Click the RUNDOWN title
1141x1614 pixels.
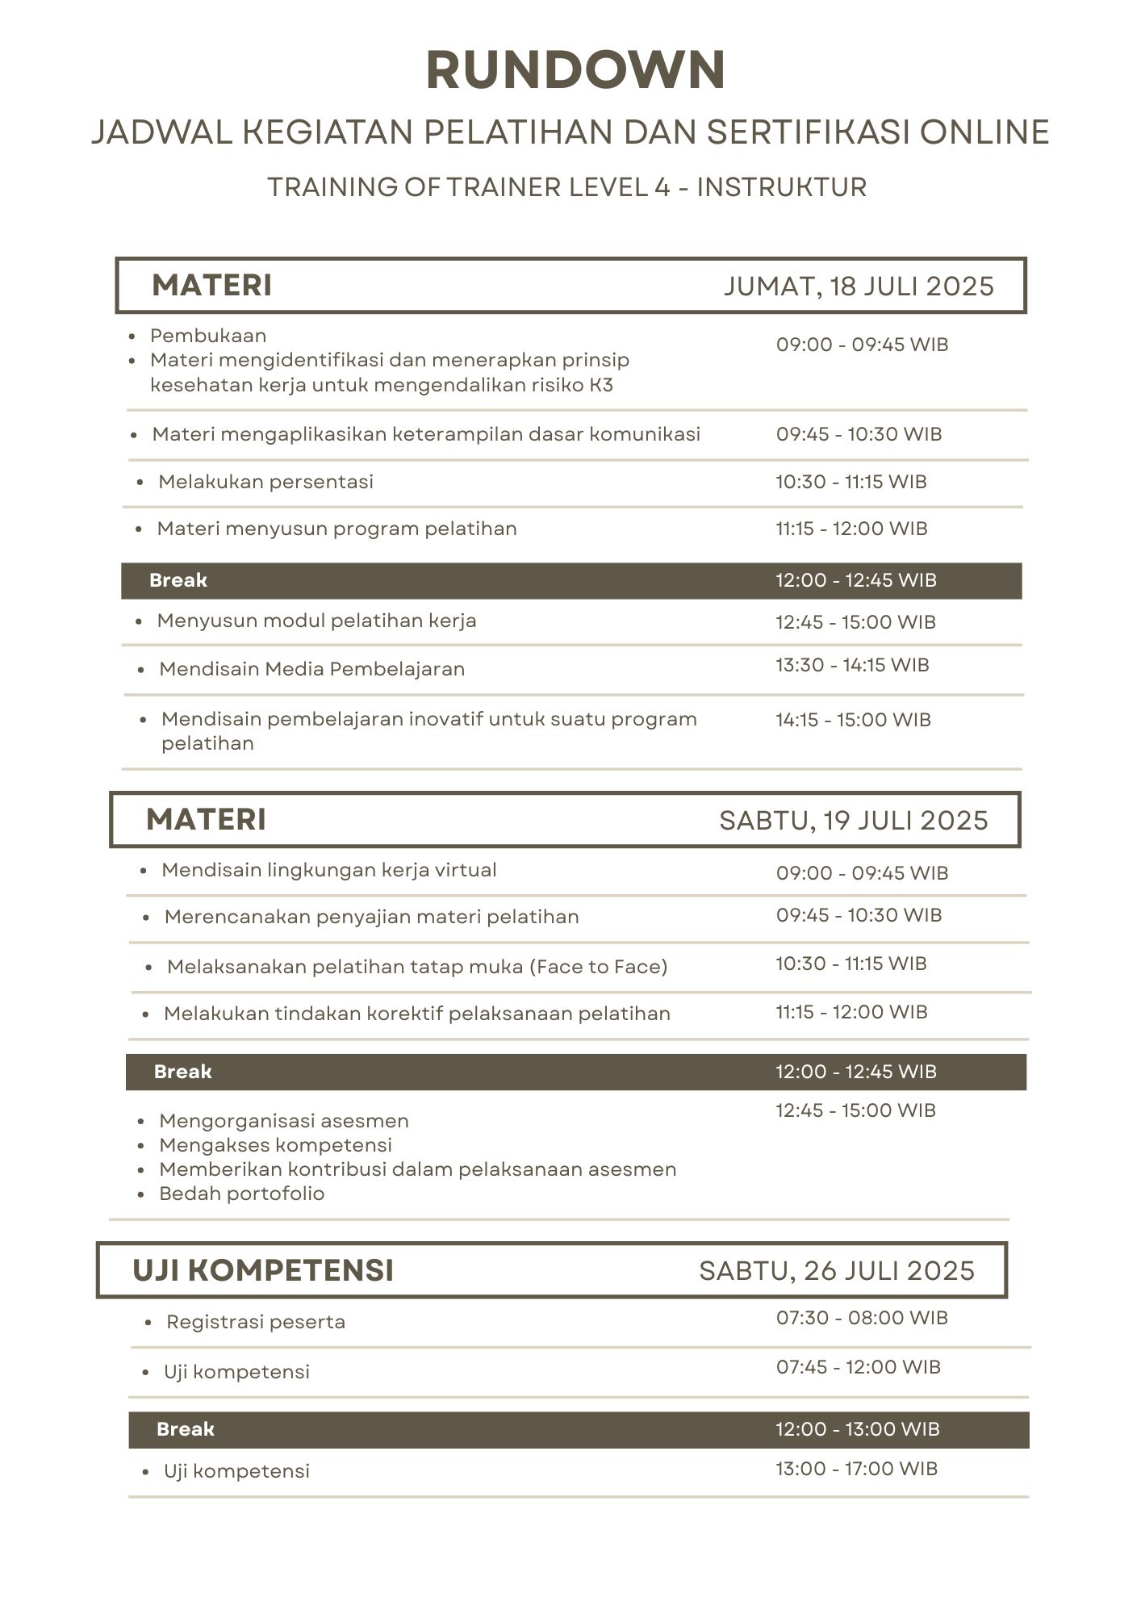575,70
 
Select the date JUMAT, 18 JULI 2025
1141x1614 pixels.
859,286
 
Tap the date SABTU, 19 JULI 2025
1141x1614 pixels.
853,821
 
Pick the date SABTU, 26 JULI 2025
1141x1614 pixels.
837,1271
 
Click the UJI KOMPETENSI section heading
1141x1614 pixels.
263,1270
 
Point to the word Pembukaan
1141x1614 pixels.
208,336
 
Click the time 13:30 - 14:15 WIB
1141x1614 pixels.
852,665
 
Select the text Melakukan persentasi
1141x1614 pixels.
265,482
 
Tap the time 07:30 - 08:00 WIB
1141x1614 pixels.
862,1318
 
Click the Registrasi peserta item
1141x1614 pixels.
256,1322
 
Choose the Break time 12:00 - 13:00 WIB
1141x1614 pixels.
858,1429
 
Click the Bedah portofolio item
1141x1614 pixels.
241,1194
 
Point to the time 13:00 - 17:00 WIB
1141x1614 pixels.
857,1469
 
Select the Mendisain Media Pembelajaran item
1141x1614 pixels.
311,669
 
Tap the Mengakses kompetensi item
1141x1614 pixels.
275,1145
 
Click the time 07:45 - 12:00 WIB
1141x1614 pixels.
859,1367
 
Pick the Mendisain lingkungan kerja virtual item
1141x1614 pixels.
328,870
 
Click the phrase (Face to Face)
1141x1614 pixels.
598,967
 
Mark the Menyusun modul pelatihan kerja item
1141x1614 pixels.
316,621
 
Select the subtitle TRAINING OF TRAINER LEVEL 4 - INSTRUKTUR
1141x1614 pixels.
566,187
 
